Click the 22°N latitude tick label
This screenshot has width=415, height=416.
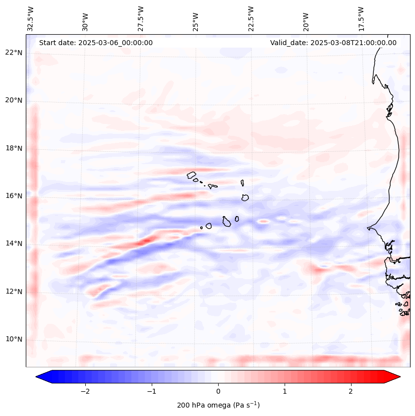[x=14, y=53]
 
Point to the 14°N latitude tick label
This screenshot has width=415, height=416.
[x=14, y=243]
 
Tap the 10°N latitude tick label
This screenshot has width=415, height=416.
[x=14, y=339]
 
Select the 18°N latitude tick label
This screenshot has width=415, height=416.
[x=14, y=148]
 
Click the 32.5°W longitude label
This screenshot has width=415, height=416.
[x=31, y=19]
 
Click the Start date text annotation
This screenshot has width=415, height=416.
[x=96, y=43]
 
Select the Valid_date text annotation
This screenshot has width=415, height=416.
[x=333, y=43]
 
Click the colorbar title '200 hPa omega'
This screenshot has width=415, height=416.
[x=218, y=405]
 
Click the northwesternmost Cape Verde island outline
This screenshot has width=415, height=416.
[x=191, y=175]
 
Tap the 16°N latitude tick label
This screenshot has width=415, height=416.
[x=14, y=196]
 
